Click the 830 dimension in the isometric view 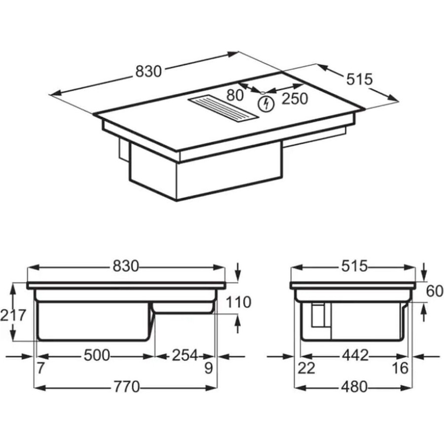click(148, 72)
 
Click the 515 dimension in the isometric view click(359, 79)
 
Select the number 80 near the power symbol click(235, 95)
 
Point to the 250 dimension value click(295, 99)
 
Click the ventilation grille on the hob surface click(223, 109)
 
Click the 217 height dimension click(13, 315)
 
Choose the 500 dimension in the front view click(97, 355)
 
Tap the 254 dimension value click(185, 355)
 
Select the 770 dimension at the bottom click(127, 387)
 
